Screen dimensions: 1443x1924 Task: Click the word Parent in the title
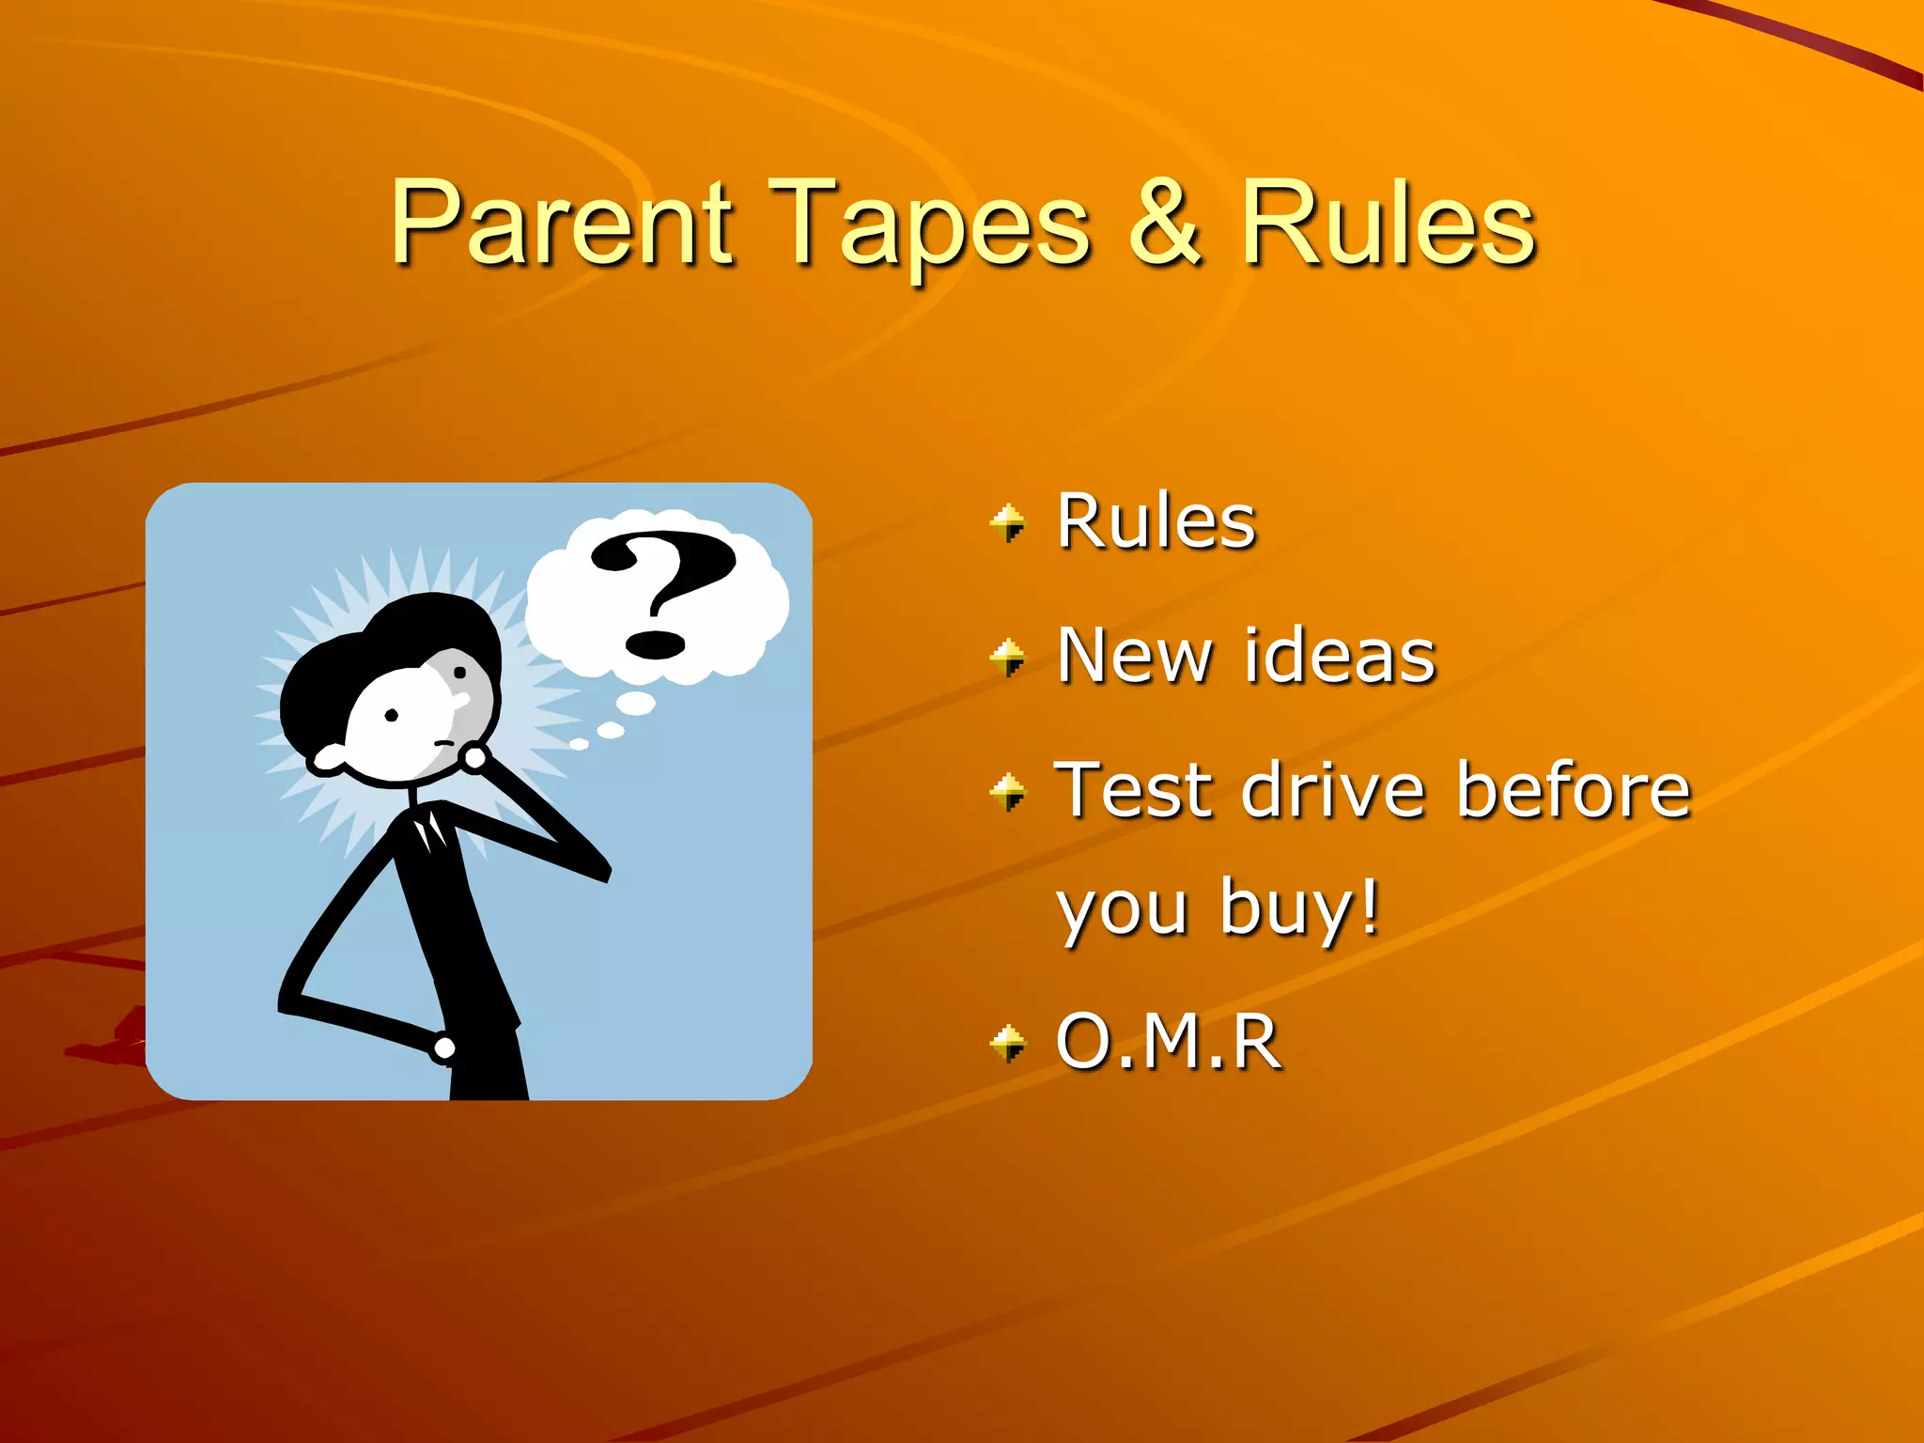561,223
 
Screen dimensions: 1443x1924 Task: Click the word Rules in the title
1389,223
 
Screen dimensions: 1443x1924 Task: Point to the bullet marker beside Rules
1008,522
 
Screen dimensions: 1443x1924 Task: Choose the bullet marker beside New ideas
1008,657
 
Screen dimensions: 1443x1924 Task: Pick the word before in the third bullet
1574,790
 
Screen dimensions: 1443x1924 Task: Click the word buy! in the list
1300,908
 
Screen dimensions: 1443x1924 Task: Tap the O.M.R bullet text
1169,1041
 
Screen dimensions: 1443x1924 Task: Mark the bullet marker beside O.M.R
1008,1043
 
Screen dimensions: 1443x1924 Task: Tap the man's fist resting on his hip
443,1047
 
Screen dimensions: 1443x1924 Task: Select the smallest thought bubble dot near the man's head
579,744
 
